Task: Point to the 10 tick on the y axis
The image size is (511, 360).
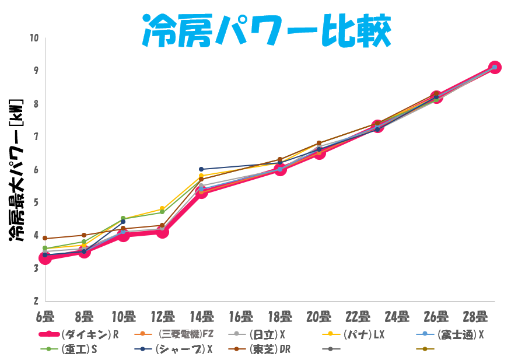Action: click(x=33, y=38)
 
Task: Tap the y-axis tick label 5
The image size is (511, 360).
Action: click(x=35, y=202)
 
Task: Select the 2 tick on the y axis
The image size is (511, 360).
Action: click(x=35, y=301)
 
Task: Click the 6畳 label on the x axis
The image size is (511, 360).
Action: click(x=45, y=317)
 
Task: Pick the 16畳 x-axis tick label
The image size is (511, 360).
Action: click(x=240, y=317)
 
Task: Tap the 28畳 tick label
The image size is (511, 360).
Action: click(x=475, y=317)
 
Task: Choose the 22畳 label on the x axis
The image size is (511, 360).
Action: click(x=358, y=317)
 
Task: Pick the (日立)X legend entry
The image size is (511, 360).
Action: click(x=266, y=334)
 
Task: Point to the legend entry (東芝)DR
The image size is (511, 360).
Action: click(x=270, y=349)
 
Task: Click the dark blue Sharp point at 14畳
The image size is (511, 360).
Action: click(x=201, y=169)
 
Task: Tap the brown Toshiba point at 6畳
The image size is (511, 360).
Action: click(x=45, y=239)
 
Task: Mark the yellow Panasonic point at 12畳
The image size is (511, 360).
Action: click(x=162, y=209)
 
